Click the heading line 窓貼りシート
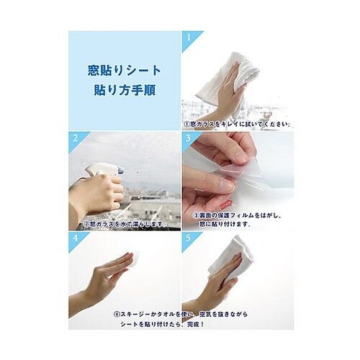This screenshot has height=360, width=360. click(x=124, y=71)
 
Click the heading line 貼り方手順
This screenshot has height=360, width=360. click(x=124, y=91)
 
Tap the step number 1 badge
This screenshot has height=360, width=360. click(x=188, y=36)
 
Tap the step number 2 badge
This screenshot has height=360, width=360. click(x=75, y=135)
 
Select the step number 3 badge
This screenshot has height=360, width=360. click(x=188, y=135)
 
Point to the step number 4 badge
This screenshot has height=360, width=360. click(x=75, y=235)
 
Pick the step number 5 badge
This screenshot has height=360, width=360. click(x=188, y=235)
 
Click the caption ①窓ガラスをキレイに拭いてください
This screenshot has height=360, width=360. click(x=236, y=124)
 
